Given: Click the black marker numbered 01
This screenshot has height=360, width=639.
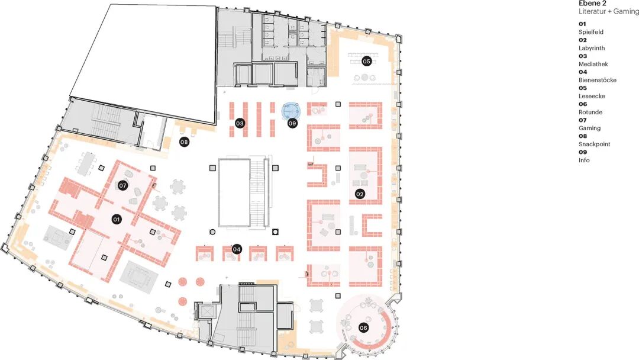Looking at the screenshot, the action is tap(117, 219).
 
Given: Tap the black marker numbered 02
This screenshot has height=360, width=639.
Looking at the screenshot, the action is tap(360, 194).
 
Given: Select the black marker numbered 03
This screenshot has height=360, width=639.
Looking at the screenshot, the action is tap(240, 123).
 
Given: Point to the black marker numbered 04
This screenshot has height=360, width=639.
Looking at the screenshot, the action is tap(237, 249).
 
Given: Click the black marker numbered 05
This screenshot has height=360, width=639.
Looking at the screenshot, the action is tap(366, 61).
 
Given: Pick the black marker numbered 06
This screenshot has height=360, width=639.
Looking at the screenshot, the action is tap(363, 327).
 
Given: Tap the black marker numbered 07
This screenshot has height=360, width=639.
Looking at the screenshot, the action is tap(122, 185).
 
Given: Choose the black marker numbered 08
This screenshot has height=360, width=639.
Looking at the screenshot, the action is tap(184, 142).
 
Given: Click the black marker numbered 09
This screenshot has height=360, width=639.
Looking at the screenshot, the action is tap(292, 123).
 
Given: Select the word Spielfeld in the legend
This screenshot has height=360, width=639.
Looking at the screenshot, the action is tap(591, 32).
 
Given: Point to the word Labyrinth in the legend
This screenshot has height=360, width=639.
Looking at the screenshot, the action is tap(592, 48).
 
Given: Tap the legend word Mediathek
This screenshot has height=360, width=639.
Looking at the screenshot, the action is tap(593, 64).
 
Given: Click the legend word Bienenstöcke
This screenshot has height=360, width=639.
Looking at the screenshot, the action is tap(598, 80).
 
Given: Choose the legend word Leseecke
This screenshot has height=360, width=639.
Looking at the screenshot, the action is tap(592, 97).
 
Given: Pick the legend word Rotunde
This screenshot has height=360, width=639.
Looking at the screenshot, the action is tap(590, 112).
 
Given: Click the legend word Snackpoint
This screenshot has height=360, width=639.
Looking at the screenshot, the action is tap(595, 144).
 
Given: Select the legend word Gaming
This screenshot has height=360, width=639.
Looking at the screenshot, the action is tap(590, 128).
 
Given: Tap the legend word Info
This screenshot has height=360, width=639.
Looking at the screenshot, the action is tap(584, 160).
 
